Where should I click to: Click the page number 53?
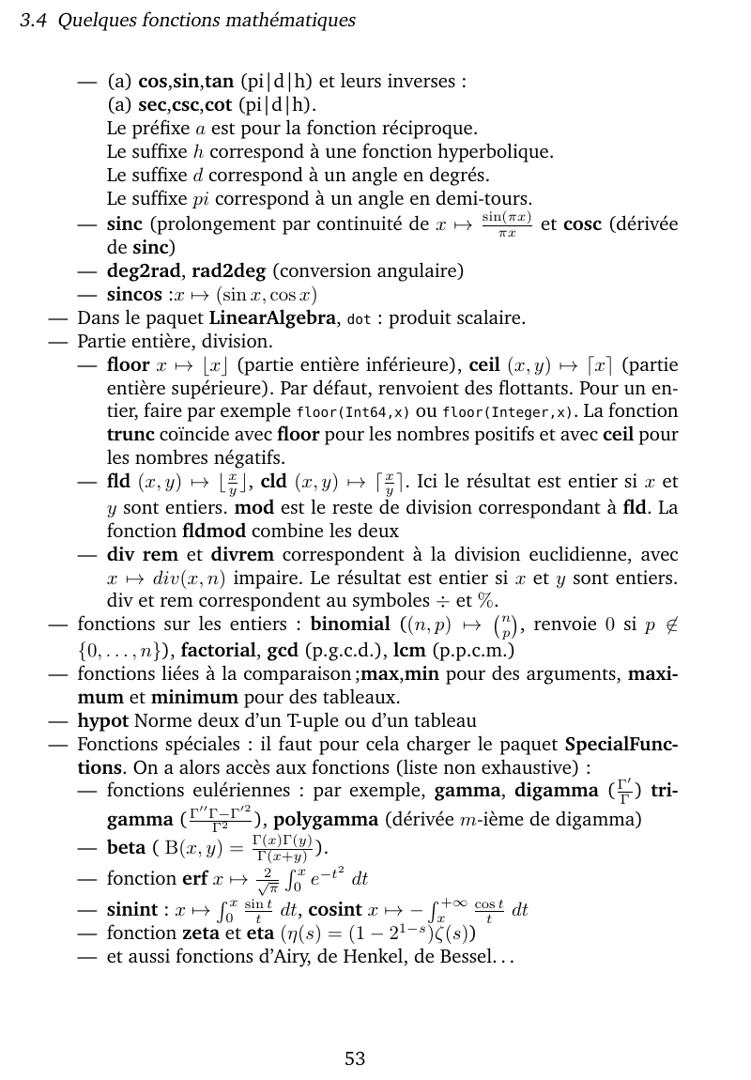click(x=355, y=1059)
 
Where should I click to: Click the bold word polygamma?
click(x=318, y=819)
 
